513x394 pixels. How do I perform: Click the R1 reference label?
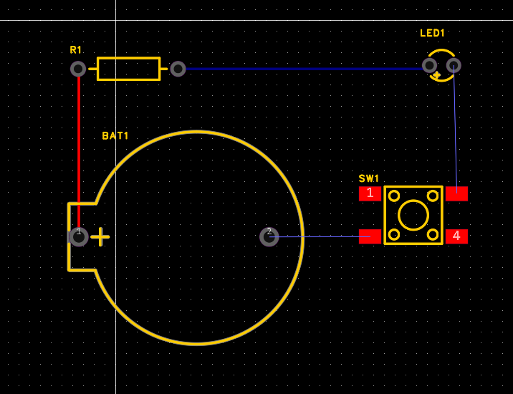point(76,49)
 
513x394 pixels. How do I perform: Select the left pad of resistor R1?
point(78,69)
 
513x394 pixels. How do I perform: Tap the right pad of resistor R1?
point(178,69)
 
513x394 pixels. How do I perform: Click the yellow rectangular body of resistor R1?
point(128,69)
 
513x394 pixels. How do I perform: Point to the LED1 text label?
point(432,33)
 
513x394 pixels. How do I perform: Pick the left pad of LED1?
point(429,65)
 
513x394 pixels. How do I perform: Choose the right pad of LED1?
point(453,65)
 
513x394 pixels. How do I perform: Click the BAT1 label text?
point(115,135)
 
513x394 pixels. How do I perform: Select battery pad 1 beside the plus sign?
point(79,236)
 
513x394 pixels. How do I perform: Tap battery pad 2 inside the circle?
point(269,236)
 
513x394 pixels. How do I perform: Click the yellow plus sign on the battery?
point(100,237)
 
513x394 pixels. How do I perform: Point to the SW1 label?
point(369,178)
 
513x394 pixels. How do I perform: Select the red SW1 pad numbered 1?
point(370,193)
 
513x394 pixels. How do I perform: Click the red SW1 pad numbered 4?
point(456,236)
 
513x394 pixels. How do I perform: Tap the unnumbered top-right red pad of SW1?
point(456,193)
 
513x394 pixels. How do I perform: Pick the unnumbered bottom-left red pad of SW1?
point(370,236)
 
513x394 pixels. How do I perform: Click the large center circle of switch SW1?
point(413,215)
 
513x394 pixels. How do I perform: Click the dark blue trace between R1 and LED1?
point(301,69)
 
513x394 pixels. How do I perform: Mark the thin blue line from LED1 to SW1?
point(455,129)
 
